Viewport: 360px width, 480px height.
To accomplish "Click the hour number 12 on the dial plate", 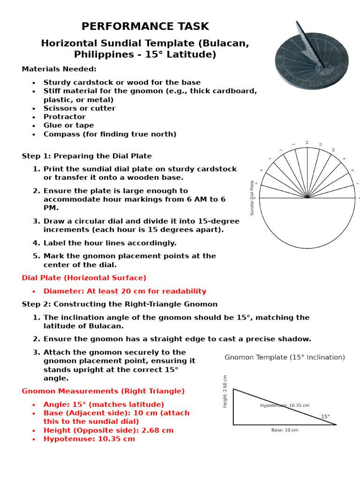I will click(307, 142).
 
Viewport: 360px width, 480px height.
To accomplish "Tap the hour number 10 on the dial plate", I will click(333, 150).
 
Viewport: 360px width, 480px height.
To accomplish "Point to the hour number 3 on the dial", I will click(270, 159).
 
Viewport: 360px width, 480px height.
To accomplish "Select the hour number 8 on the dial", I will click(352, 170).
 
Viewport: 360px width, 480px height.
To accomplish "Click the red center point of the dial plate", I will click(307, 197).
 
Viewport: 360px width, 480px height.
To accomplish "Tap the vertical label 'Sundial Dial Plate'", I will click(252, 198).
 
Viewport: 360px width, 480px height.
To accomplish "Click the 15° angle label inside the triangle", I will click(325, 416).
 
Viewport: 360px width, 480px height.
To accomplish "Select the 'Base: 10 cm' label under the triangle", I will click(285, 430).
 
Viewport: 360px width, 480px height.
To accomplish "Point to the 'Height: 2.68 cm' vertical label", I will click(225, 391).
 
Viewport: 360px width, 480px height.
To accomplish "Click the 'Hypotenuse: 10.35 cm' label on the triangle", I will click(285, 405).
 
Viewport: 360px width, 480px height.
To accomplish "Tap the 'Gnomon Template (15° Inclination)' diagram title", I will click(285, 357).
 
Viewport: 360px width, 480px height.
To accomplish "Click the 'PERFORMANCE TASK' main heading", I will click(145, 26).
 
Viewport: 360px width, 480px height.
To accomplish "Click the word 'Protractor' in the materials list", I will click(65, 117).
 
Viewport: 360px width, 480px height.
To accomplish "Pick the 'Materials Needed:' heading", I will click(59, 69).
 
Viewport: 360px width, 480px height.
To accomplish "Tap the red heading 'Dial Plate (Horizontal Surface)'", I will click(84, 278).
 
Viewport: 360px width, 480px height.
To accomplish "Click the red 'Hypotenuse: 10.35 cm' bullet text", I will click(89, 439).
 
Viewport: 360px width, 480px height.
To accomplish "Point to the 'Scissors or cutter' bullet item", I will click(79, 108).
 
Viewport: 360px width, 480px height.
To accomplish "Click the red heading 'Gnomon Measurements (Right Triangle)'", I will click(103, 391).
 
